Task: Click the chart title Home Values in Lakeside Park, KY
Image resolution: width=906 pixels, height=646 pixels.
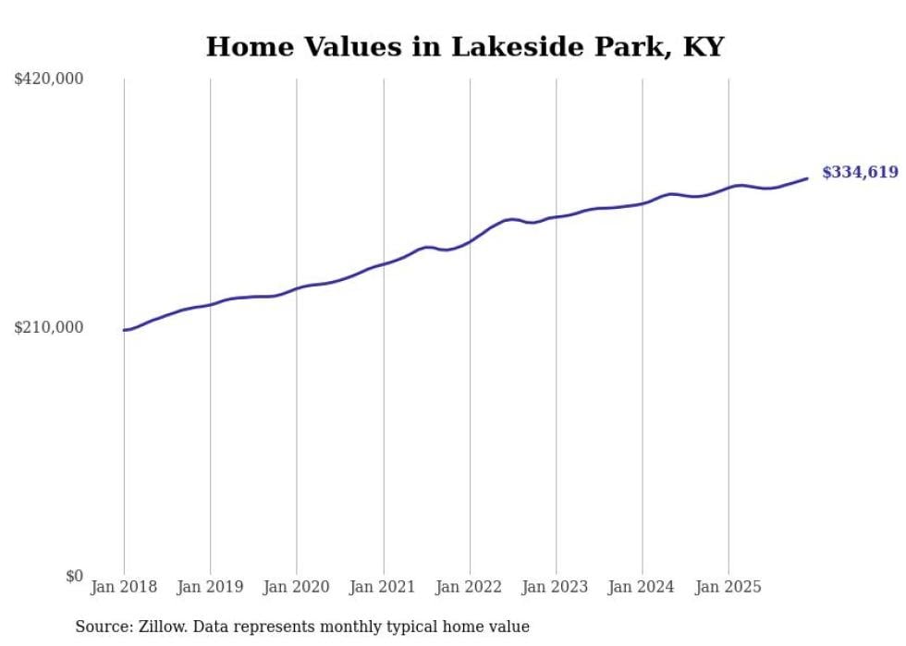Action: tap(464, 47)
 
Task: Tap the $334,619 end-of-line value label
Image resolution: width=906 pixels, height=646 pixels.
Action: tap(860, 172)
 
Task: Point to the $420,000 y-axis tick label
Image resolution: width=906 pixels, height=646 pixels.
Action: tap(48, 79)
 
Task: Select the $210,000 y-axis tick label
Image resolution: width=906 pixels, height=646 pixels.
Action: tap(48, 327)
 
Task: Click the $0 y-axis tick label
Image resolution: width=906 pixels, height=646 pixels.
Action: tap(74, 576)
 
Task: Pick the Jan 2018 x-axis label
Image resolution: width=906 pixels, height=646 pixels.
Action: tap(124, 587)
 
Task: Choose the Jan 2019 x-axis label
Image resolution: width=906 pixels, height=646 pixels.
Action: tap(210, 587)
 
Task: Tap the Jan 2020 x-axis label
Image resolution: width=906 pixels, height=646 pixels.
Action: tap(297, 587)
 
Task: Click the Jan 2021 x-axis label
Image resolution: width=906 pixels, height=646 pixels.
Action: tap(383, 587)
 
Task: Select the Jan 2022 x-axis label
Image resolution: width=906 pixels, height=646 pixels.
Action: tap(470, 587)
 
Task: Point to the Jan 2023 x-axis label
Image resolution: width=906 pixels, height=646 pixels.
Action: tap(556, 587)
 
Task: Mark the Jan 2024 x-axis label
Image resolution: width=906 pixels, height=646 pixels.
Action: tap(643, 587)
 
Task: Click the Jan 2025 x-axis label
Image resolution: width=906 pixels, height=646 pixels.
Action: tap(728, 587)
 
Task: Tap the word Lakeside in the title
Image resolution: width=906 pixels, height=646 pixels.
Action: tap(515, 47)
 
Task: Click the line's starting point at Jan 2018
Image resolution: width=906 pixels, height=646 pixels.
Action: tap(124, 330)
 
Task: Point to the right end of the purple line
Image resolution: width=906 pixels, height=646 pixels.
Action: tap(807, 178)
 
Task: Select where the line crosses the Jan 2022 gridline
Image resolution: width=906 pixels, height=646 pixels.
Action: tap(470, 242)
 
